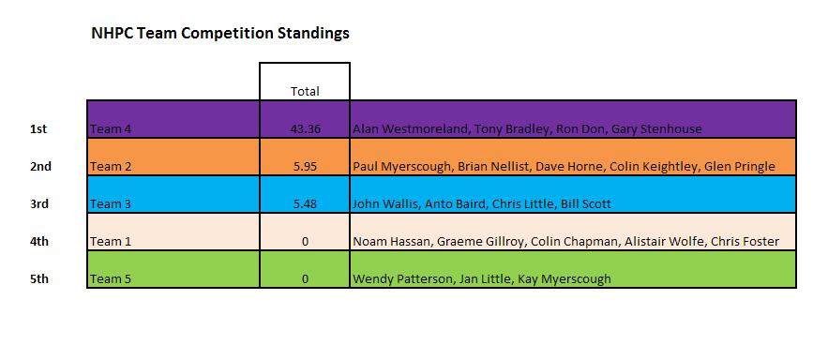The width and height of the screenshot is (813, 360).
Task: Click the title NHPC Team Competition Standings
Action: pos(219,34)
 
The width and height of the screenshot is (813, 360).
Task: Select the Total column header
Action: pos(305,91)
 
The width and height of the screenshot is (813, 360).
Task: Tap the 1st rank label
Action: pos(38,128)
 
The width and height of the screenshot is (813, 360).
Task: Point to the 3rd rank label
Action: pos(39,203)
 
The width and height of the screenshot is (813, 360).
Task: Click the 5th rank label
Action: pos(39,279)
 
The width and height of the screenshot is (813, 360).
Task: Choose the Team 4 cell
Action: pos(111,128)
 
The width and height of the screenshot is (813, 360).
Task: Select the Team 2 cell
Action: pos(111,167)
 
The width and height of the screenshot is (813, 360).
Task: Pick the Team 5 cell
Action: pos(111,279)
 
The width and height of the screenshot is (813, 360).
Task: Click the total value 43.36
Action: pos(305,128)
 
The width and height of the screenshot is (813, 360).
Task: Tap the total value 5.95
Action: pos(305,167)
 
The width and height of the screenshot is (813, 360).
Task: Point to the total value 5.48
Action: pos(305,203)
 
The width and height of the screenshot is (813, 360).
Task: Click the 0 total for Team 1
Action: pos(305,242)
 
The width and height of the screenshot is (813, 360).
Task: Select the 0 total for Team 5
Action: pos(305,279)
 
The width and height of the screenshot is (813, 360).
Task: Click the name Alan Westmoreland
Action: pos(410,128)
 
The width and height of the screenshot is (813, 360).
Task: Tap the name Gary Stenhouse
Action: pos(656,128)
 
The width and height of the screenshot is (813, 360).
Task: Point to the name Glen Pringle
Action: pos(744,167)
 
